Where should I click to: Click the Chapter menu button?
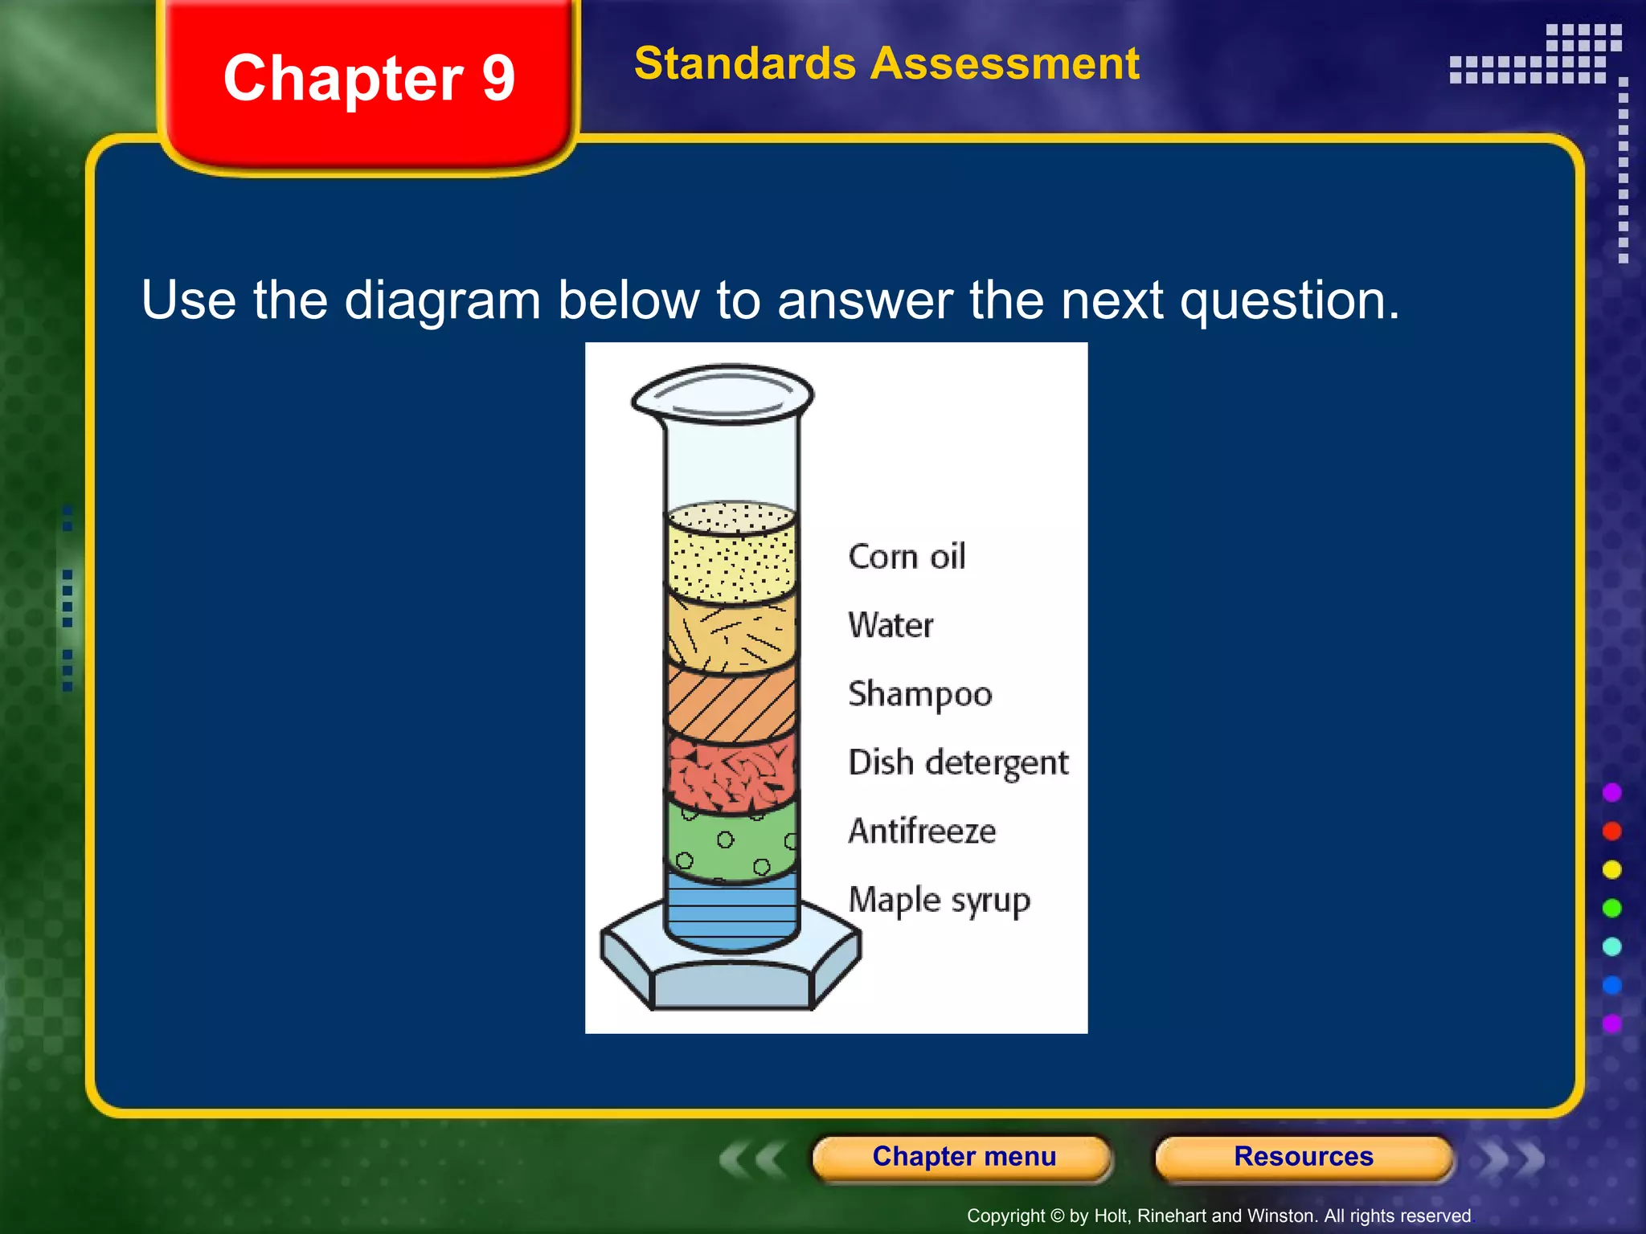[x=963, y=1157]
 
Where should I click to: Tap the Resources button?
[x=1303, y=1157]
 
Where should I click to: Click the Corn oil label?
[x=907, y=557]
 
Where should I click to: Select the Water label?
[x=891, y=625]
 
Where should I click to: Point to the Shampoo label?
[x=920, y=694]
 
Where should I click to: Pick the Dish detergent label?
[x=958, y=762]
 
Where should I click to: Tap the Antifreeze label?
[x=922, y=831]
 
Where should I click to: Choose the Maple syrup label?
[x=939, y=901]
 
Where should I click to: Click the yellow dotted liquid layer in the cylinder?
[x=731, y=558]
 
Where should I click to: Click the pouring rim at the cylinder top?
[x=723, y=394]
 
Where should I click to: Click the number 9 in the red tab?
[x=498, y=79]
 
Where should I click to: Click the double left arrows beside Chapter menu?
[x=752, y=1158]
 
